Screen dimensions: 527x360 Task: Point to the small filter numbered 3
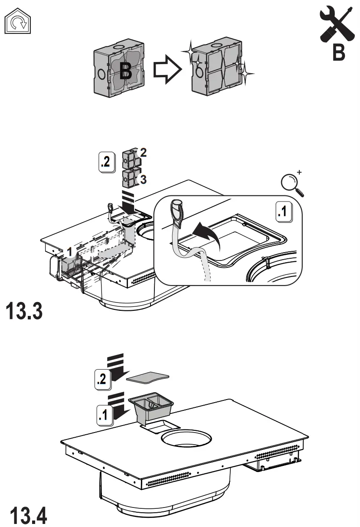click(x=130, y=178)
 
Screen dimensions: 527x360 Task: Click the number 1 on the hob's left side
click(x=70, y=251)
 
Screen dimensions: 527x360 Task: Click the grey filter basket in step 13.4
click(x=151, y=407)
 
